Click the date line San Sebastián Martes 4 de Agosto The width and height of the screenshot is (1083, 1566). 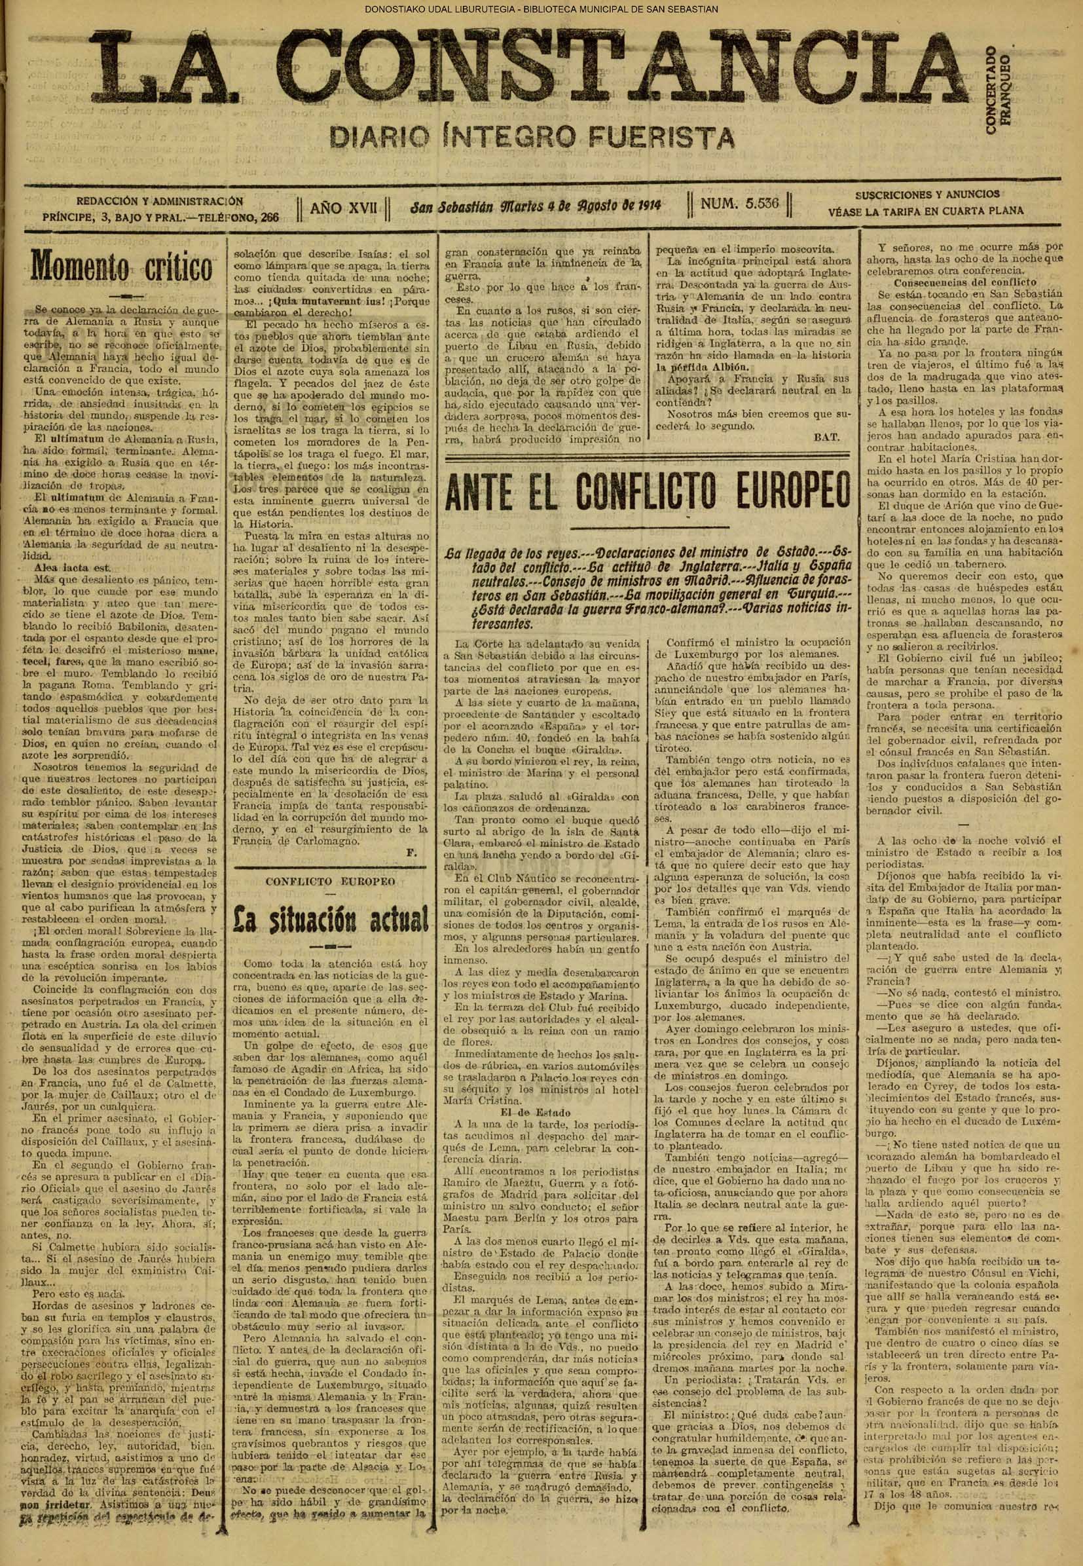(x=536, y=204)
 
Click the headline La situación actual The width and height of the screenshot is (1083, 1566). (x=331, y=918)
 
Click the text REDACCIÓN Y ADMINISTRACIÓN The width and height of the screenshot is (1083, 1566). (x=160, y=201)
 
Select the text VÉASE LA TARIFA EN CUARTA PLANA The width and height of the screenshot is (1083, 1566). (x=926, y=211)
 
